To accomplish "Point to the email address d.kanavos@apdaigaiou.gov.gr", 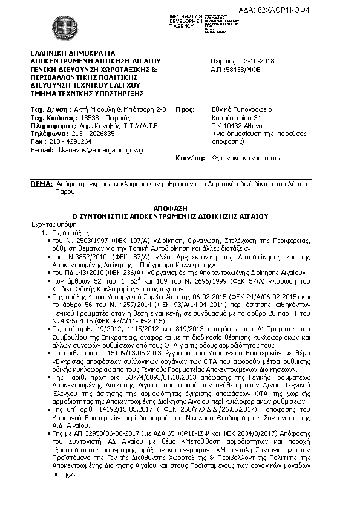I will tap(100, 149).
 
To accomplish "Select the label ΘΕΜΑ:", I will tap(41, 183).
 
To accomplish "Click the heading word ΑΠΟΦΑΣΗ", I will tap(179, 207).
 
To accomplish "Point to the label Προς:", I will tap(184, 109).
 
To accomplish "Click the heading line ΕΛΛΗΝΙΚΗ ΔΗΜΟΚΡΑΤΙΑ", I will tap(73, 54).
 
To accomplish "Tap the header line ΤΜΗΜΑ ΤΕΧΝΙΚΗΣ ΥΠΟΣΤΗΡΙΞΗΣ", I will tap(86, 93).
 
